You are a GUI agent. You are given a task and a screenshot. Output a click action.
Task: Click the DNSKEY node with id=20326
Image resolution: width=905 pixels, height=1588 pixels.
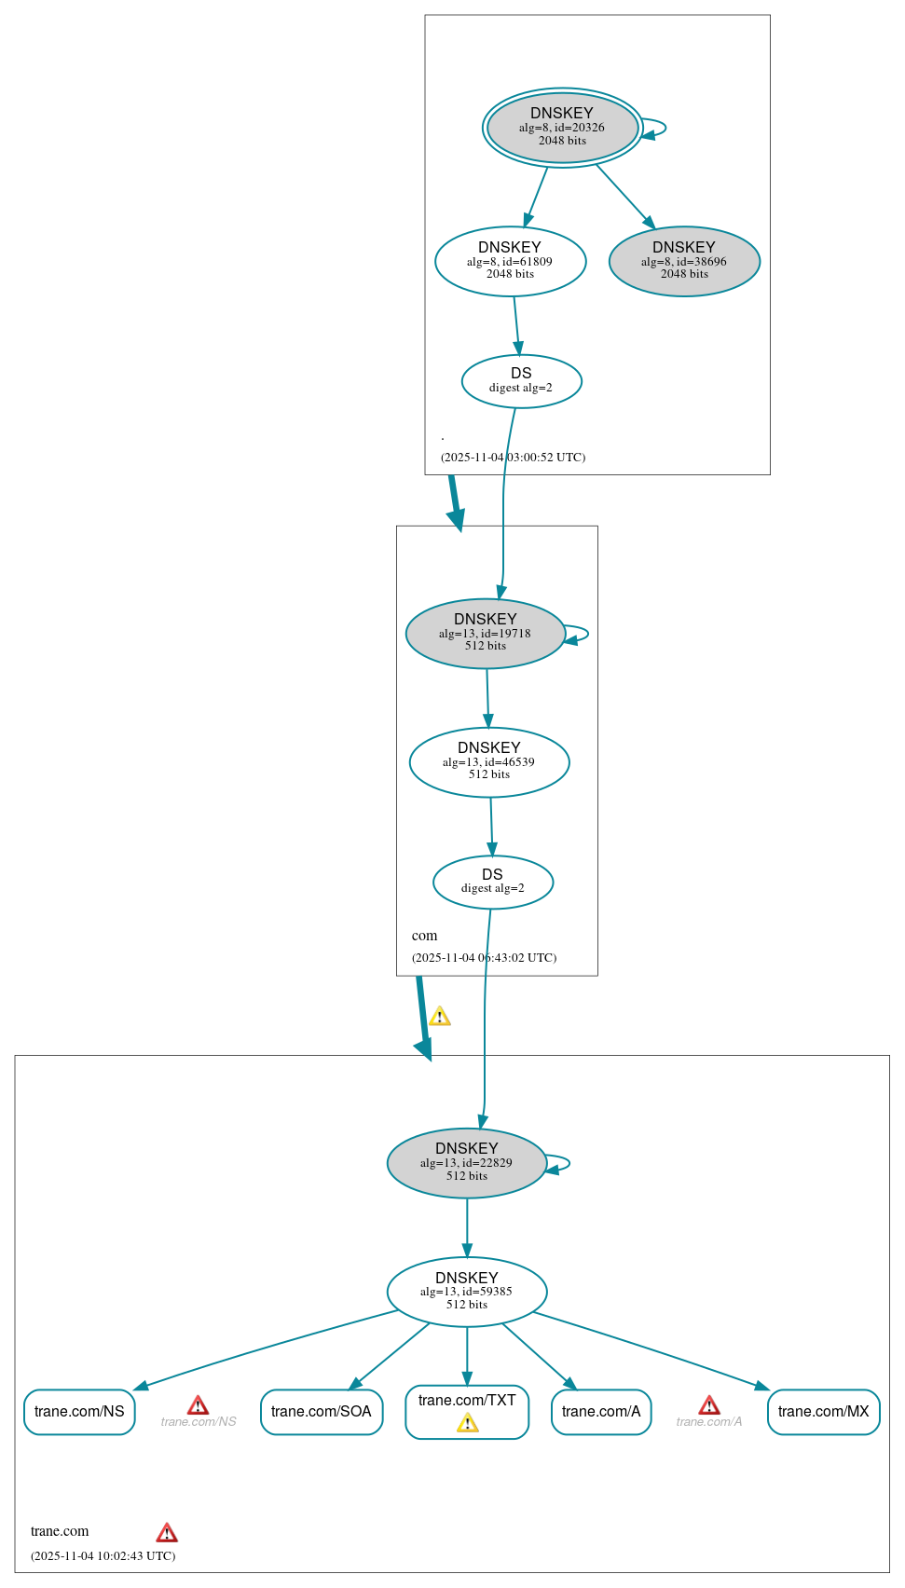(562, 128)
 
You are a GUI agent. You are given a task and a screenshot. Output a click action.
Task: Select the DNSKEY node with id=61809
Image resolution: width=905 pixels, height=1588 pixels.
(510, 262)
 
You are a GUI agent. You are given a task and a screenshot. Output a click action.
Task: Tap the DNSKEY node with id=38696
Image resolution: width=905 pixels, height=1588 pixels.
(684, 262)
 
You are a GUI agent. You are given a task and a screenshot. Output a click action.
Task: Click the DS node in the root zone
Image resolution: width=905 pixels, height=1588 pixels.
(521, 381)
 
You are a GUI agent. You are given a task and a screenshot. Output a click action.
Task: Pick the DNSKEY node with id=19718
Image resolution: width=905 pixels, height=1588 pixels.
(485, 634)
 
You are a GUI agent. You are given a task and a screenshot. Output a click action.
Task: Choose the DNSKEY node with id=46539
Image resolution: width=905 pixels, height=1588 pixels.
(488, 762)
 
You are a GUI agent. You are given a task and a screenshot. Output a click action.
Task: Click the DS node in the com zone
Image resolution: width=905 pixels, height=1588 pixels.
(492, 882)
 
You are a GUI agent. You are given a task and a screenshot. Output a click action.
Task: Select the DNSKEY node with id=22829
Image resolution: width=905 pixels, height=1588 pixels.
(466, 1163)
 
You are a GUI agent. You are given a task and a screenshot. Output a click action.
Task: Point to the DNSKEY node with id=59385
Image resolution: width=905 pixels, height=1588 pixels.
(466, 1292)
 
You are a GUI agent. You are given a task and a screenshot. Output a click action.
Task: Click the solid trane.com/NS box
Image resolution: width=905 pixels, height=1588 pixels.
(79, 1412)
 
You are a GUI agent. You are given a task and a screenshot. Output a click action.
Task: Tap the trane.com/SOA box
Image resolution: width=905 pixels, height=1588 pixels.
(322, 1412)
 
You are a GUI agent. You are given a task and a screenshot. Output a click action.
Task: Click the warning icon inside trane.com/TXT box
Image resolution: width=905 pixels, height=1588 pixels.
(467, 1423)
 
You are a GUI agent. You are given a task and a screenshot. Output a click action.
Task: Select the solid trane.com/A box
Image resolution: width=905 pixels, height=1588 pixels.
(601, 1412)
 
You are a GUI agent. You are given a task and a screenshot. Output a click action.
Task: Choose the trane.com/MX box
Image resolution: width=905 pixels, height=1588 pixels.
(823, 1412)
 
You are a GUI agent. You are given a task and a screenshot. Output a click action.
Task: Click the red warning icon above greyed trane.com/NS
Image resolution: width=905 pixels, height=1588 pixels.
(198, 1405)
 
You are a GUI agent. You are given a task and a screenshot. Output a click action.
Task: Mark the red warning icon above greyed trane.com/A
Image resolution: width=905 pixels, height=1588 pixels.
(709, 1405)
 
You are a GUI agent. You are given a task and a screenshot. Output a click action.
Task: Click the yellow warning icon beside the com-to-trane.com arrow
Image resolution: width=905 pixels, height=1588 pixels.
(440, 1017)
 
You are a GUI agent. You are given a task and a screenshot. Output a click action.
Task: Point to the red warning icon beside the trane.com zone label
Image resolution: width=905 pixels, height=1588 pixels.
(167, 1533)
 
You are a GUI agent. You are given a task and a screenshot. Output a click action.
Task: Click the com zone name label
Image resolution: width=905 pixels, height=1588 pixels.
(424, 936)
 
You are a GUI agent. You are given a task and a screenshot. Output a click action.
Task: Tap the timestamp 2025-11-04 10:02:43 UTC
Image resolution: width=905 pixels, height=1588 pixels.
(103, 1555)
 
